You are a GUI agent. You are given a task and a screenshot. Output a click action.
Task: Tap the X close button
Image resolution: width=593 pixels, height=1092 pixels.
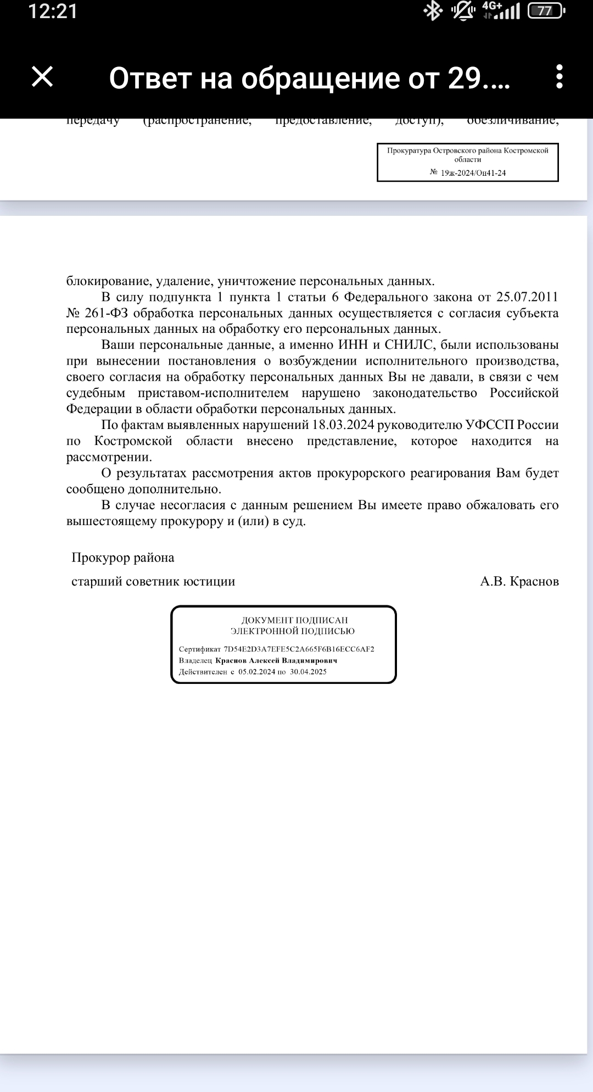(x=42, y=77)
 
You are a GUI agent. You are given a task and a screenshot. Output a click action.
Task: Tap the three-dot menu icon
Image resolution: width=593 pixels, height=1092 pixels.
(x=559, y=77)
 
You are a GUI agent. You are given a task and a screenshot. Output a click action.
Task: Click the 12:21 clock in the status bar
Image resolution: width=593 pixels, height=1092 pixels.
(x=53, y=12)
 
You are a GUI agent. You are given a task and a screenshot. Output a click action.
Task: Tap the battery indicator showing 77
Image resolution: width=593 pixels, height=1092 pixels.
(x=545, y=12)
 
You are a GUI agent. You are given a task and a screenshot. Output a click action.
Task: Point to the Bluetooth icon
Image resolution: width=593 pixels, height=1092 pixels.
(x=433, y=11)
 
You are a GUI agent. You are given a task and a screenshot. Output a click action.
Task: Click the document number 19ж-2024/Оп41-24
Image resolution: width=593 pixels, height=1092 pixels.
(x=473, y=172)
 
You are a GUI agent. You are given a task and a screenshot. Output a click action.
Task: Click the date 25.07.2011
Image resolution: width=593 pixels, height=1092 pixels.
(x=527, y=297)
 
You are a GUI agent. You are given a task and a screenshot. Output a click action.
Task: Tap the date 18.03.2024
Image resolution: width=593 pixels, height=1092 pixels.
(x=343, y=425)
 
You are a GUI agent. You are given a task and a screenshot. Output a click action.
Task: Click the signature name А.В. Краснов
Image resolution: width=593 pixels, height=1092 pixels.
(x=519, y=581)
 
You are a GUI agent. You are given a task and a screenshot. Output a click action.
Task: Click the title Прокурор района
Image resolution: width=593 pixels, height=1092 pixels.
(x=123, y=558)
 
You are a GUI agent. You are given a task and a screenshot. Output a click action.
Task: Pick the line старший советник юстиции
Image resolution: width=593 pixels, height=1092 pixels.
(x=153, y=581)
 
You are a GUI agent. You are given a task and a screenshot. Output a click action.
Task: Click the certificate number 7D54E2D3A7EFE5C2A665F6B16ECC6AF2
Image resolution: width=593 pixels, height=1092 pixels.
(x=299, y=649)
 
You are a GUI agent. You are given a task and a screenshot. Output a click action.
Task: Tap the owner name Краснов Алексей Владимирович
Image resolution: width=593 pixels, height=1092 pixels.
(x=276, y=660)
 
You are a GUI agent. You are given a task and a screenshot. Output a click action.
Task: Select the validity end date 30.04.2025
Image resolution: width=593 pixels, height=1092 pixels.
(x=308, y=672)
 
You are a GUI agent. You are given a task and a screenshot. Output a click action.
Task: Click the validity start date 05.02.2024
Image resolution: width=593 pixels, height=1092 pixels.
(x=256, y=672)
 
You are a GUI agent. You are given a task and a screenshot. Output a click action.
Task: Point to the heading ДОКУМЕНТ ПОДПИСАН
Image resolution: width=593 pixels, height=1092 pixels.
(x=295, y=620)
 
